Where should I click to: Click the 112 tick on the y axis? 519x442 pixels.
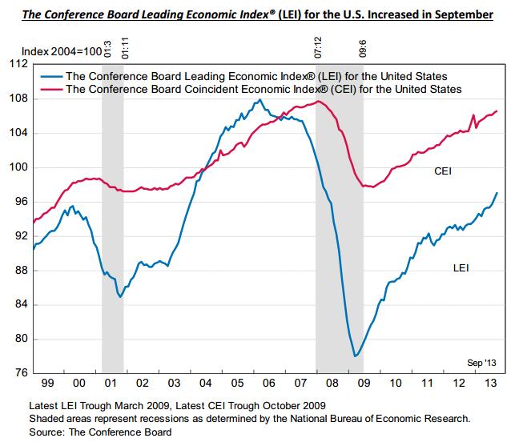click(x=18, y=64)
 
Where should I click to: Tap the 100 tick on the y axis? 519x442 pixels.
click(x=18, y=167)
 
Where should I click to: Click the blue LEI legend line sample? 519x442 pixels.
click(x=50, y=75)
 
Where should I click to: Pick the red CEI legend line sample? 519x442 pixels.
click(x=50, y=89)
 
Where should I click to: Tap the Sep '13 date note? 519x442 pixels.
click(x=482, y=363)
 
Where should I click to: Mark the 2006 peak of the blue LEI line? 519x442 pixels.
click(x=260, y=100)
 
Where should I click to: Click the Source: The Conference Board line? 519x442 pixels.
click(x=100, y=432)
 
